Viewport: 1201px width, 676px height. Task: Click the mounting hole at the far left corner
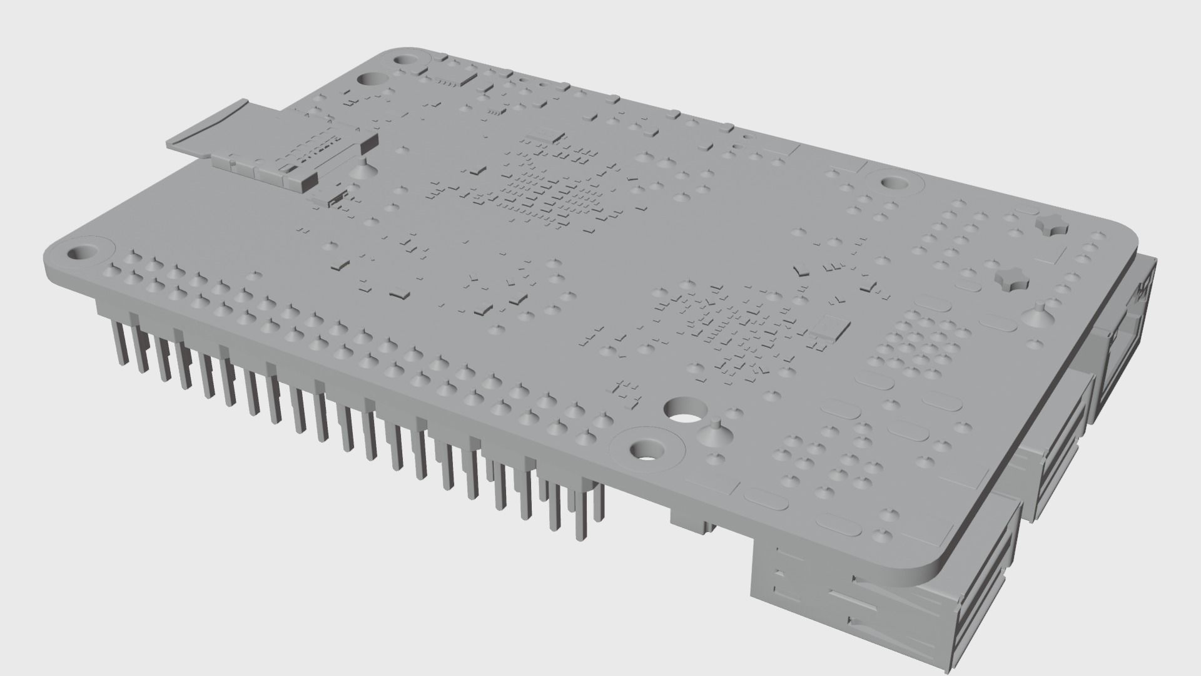[x=81, y=253]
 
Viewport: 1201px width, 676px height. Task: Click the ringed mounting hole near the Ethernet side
[x=895, y=183]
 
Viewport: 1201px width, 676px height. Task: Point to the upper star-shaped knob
[x=1052, y=227]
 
